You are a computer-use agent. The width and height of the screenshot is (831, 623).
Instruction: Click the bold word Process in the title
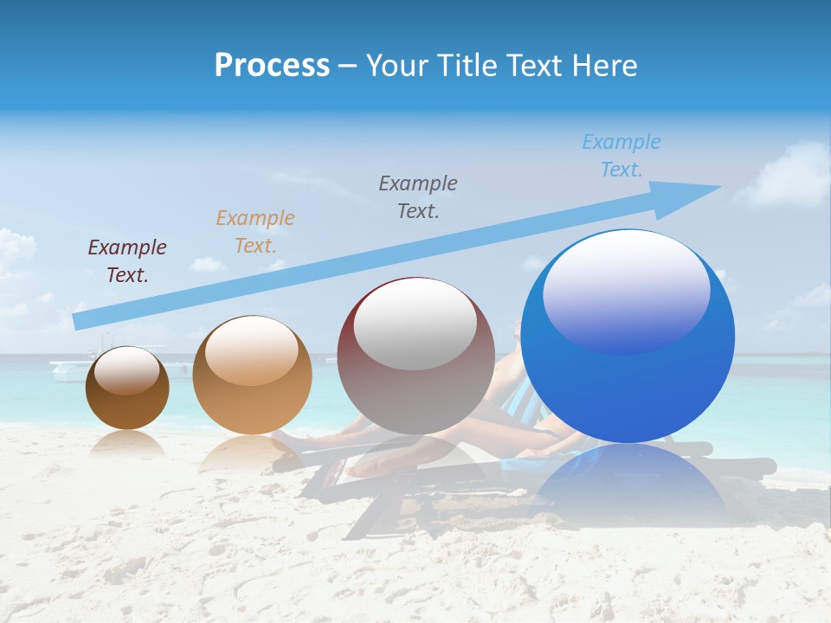tap(272, 65)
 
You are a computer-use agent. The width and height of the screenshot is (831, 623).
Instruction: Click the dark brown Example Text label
tap(127, 261)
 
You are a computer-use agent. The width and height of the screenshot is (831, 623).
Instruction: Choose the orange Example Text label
tap(255, 231)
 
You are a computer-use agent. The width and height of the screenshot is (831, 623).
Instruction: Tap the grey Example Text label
tap(418, 196)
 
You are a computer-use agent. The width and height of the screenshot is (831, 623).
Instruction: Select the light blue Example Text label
tap(622, 156)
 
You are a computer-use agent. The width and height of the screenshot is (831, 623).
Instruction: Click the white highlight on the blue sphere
tap(626, 290)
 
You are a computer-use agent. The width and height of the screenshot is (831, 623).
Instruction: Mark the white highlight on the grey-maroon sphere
tap(415, 324)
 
